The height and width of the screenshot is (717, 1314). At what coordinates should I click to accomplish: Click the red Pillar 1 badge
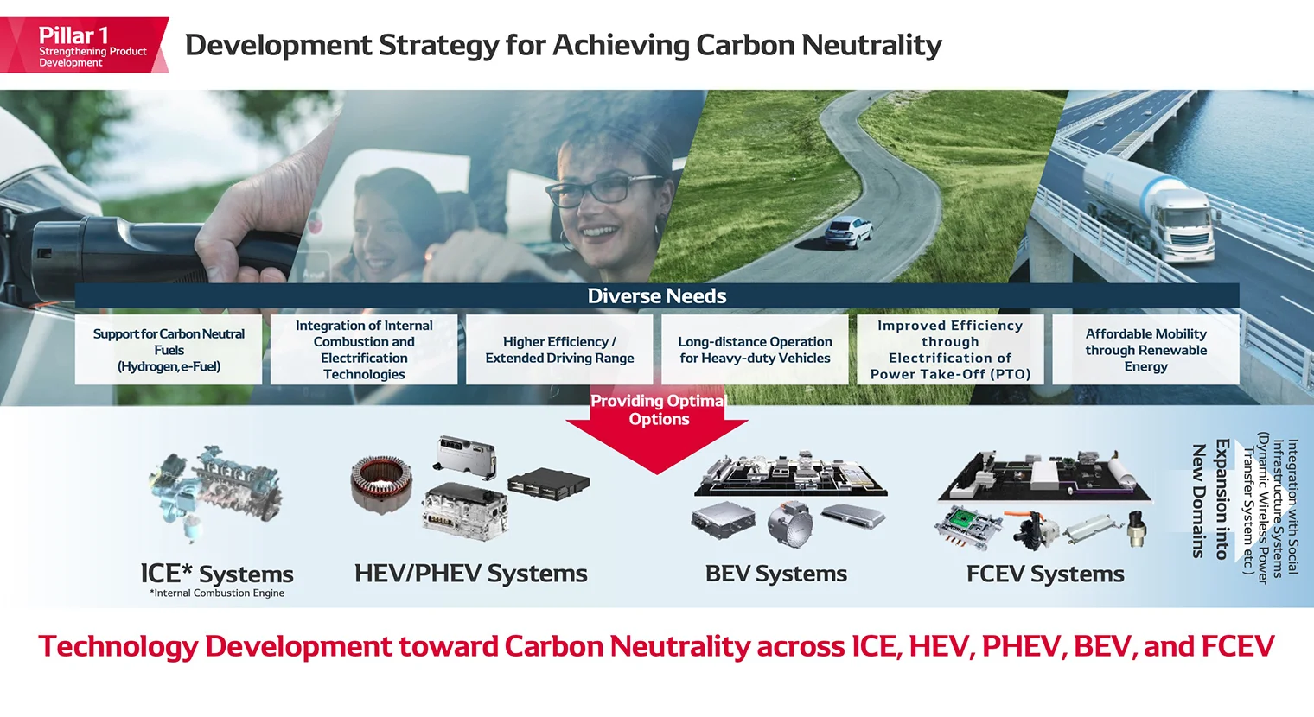[84, 45]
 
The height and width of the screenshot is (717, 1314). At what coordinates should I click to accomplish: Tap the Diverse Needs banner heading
[657, 296]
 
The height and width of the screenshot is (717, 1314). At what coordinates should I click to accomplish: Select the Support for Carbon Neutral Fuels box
[169, 350]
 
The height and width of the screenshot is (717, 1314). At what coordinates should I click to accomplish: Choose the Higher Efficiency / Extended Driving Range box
[559, 350]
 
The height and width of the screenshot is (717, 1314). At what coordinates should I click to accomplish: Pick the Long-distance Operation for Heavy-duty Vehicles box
[755, 350]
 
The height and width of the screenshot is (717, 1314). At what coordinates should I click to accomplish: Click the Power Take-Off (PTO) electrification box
[950, 350]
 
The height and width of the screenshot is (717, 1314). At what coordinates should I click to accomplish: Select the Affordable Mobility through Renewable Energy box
[1145, 350]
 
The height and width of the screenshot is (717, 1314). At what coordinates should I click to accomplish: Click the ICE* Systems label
[217, 574]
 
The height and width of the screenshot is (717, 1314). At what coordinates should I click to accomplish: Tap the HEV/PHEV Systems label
[470, 574]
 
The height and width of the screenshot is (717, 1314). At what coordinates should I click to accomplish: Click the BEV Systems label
[775, 574]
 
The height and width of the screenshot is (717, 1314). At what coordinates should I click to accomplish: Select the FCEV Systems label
[1045, 574]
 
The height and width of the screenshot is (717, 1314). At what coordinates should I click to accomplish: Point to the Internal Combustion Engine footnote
[217, 593]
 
